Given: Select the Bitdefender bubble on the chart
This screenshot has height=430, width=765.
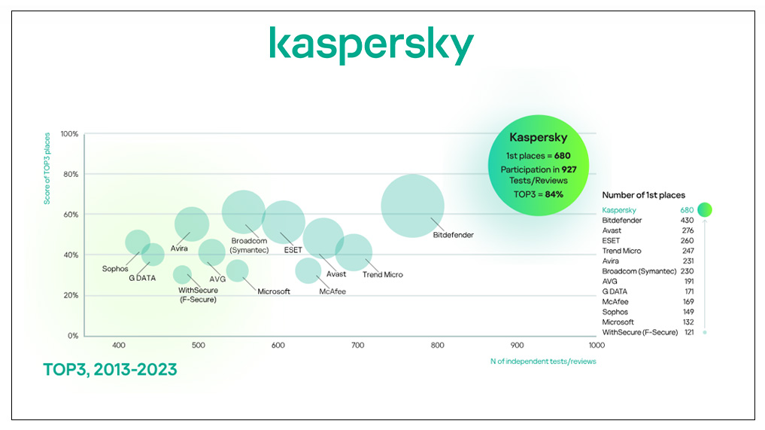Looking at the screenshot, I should click(412, 206).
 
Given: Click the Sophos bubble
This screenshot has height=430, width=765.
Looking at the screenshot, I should click(137, 242).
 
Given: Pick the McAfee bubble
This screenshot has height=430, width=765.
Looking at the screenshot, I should click(308, 270).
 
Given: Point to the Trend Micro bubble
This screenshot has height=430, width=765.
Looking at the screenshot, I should click(354, 252).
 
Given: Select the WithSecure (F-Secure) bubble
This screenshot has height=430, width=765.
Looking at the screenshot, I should click(182, 274).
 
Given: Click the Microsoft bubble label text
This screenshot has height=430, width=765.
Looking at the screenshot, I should click(273, 291).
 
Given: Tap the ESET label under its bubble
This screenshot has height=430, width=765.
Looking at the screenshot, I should click(293, 250).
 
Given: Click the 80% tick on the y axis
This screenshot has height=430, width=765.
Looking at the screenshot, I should click(69, 174).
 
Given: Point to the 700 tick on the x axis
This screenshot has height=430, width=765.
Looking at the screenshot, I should click(357, 346).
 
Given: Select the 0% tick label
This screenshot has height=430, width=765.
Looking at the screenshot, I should click(71, 336).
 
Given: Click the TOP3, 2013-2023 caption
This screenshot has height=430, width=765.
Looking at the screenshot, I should click(110, 370).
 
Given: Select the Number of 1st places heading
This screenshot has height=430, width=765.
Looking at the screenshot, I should click(643, 195).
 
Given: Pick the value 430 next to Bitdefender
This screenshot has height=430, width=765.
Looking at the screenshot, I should click(687, 221).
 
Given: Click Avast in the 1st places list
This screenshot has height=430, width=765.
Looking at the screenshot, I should click(612, 230).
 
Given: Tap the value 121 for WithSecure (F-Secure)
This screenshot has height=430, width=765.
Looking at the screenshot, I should click(687, 332).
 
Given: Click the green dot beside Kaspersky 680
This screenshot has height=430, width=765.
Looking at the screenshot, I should click(705, 210).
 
